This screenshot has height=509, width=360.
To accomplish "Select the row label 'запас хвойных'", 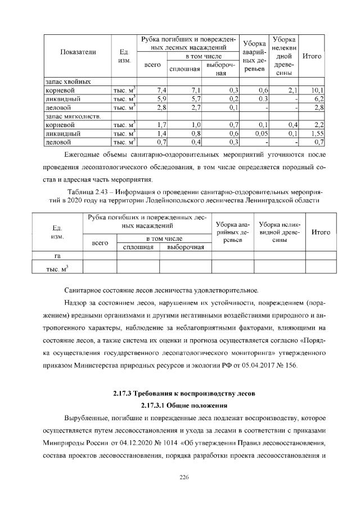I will point(68,82).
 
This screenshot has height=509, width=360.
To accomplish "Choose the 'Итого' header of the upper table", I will point(312,56).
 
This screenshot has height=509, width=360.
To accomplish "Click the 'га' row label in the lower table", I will point(57,256).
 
